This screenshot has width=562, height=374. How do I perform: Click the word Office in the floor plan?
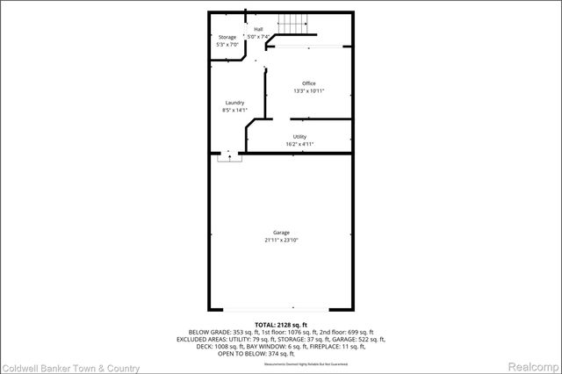tap(309, 83)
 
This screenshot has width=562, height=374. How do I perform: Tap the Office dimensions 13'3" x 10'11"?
tap(309, 90)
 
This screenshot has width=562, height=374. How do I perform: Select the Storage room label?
tap(227, 37)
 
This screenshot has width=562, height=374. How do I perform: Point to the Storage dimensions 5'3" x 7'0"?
tap(227, 44)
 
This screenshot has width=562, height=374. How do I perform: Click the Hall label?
tap(258, 29)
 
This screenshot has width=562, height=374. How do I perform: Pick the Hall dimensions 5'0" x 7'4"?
tap(258, 36)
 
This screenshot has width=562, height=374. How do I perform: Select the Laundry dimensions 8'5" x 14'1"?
tap(234, 111)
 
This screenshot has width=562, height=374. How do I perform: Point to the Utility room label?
tap(299, 137)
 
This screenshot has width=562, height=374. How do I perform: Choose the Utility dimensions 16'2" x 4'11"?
tap(299, 144)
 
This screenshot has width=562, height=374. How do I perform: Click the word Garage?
tap(281, 233)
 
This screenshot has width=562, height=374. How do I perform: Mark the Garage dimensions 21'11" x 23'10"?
tap(281, 240)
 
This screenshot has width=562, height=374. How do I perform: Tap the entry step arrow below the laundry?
tap(230, 156)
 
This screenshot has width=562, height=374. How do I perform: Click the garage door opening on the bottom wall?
tap(280, 309)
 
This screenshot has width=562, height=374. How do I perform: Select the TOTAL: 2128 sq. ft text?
tap(281, 324)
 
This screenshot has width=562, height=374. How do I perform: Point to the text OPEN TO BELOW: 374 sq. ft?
tap(281, 353)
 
